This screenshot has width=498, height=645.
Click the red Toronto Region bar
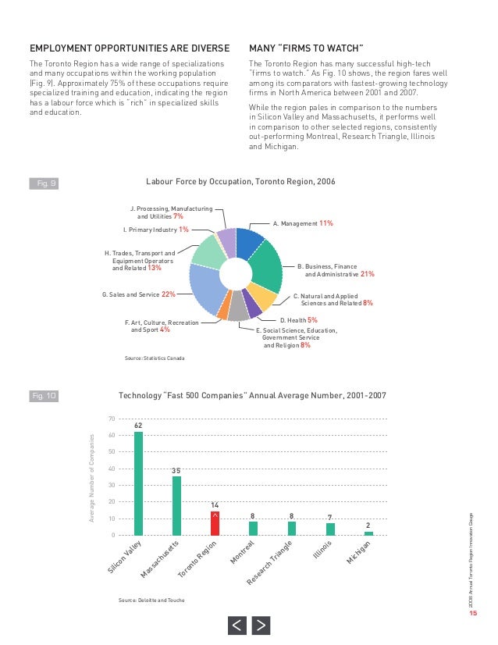(215, 523)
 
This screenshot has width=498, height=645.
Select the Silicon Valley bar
(138, 483)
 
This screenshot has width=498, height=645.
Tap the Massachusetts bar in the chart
(176, 506)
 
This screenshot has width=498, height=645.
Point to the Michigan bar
(368, 533)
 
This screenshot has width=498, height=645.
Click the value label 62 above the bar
(138, 425)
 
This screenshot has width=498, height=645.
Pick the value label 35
(176, 471)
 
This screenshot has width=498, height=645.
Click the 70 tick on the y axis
(112, 419)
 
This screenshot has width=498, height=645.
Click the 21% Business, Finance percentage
(368, 274)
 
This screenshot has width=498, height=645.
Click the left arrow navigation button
(237, 625)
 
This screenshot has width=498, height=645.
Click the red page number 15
(472, 613)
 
